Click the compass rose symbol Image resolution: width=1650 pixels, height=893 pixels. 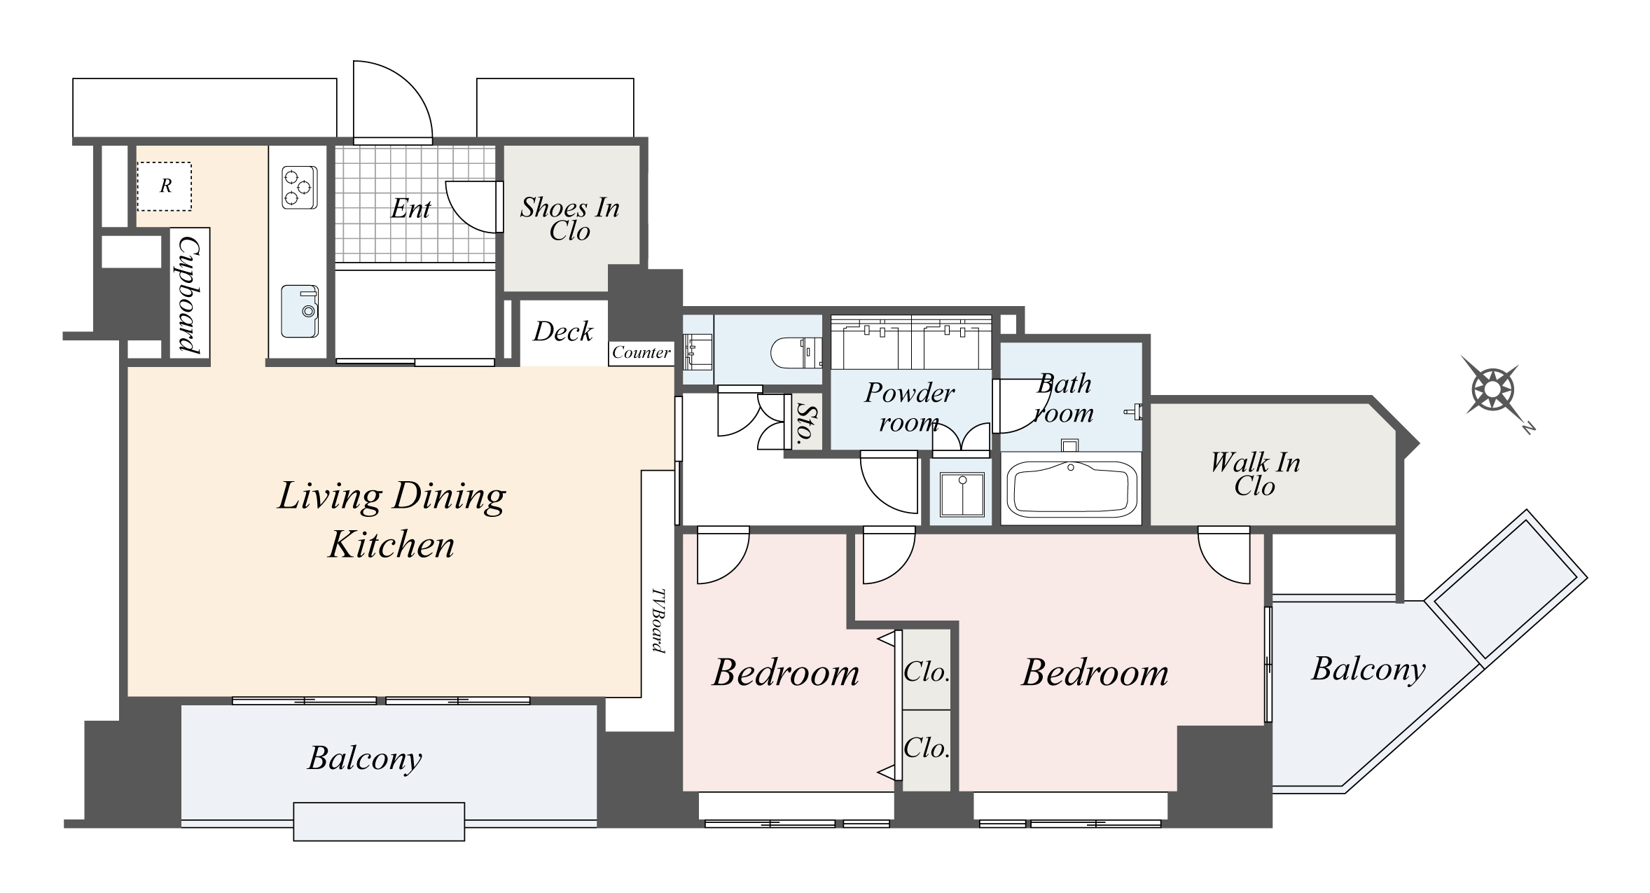click(1493, 389)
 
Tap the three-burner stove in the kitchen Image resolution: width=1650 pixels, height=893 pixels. click(299, 187)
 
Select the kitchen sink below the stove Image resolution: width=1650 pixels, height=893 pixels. click(299, 310)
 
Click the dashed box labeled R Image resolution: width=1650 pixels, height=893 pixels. click(165, 186)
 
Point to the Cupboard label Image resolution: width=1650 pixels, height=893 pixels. click(190, 293)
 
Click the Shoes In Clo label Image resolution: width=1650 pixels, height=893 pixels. click(569, 219)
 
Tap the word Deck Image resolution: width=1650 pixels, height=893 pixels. click(562, 331)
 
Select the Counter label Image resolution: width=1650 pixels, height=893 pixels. click(641, 352)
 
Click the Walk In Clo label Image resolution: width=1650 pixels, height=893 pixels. click(1254, 473)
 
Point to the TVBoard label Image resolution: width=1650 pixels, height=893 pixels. click(658, 620)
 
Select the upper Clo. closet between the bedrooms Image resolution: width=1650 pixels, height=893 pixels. click(926, 671)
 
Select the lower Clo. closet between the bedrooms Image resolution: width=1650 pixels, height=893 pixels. click(926, 748)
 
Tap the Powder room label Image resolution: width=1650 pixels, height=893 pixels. click(909, 407)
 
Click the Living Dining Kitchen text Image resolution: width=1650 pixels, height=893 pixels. click(391, 520)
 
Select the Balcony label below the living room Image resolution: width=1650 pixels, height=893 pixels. click(365, 758)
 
